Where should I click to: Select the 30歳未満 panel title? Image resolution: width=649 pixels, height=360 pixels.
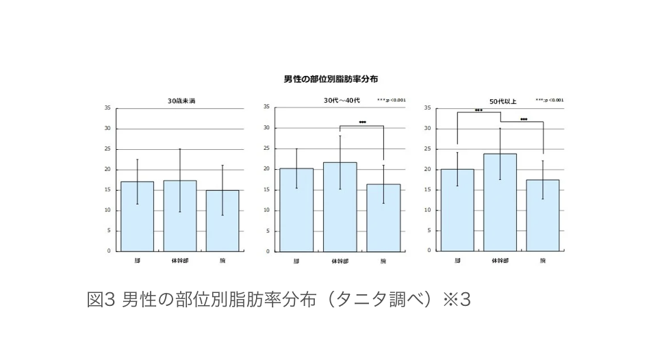181,101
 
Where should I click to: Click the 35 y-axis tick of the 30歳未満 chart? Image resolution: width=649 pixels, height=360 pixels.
107,108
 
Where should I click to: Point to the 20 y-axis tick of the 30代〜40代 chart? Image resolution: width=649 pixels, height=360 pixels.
267,169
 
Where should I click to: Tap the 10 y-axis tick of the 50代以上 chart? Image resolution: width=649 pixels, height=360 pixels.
427,210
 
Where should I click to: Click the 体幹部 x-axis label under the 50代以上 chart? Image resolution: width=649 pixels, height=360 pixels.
500,260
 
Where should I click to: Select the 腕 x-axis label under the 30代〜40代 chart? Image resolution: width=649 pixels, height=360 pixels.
383,261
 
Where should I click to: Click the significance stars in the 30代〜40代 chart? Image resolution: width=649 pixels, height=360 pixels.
362,123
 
